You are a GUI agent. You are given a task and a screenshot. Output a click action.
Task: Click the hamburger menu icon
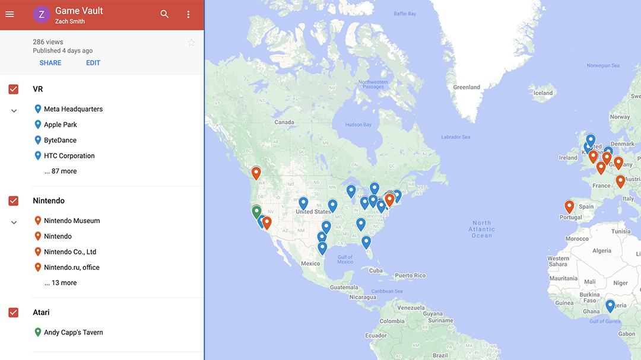(x=9, y=14)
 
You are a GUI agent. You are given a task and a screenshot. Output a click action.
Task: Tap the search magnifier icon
(x=164, y=14)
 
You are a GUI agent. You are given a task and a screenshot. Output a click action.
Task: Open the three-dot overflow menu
(x=188, y=14)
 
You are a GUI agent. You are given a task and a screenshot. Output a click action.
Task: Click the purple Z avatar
(x=41, y=15)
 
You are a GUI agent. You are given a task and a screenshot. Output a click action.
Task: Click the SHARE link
(x=50, y=63)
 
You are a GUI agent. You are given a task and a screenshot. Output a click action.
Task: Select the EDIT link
(x=93, y=63)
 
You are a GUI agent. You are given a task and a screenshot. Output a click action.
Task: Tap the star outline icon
(x=191, y=43)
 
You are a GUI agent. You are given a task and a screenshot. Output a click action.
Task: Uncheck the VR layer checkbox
(x=13, y=89)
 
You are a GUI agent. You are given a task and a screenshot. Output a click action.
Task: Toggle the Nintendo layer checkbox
(x=13, y=201)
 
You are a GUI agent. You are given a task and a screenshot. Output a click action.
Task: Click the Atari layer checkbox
(x=13, y=313)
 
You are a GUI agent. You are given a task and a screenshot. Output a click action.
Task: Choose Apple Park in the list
(x=61, y=125)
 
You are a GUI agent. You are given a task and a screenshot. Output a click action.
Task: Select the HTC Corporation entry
(x=69, y=156)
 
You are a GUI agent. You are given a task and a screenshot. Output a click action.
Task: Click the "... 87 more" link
(x=61, y=171)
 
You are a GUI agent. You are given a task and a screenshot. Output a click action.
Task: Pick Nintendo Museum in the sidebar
(x=72, y=221)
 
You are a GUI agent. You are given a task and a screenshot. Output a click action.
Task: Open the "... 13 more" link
(x=61, y=283)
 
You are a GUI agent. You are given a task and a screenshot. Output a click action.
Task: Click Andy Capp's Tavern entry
(x=73, y=333)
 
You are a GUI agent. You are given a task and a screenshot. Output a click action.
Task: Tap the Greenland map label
(x=467, y=87)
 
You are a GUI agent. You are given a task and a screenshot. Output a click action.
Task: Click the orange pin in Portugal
(x=569, y=206)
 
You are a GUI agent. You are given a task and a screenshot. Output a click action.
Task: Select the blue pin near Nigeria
(x=610, y=306)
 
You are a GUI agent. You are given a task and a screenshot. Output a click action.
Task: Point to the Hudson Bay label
(x=358, y=125)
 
